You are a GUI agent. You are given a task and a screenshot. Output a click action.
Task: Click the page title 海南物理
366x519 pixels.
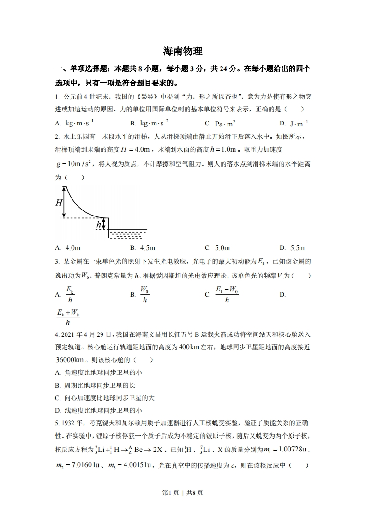coord(183,50)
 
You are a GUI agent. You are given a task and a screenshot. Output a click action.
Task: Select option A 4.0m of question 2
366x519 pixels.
coord(67,248)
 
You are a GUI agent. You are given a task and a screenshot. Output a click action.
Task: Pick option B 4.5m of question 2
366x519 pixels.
coord(143,248)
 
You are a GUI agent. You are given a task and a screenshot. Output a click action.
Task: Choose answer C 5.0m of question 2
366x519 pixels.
coord(217,248)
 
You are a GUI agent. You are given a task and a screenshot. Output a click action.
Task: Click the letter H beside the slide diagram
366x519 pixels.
coord(59,203)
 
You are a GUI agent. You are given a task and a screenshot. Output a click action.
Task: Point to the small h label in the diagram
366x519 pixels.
coord(98,224)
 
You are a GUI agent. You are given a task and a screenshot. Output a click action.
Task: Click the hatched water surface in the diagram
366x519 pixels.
coord(127,234)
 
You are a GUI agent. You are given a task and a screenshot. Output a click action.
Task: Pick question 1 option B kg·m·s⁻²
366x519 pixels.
coord(149,123)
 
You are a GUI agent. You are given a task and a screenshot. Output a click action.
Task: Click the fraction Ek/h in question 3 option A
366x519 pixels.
coord(70,294)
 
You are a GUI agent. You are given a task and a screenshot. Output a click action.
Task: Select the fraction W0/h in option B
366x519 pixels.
coord(144,294)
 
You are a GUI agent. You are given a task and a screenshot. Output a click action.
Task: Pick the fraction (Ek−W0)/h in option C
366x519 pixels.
coord(227,294)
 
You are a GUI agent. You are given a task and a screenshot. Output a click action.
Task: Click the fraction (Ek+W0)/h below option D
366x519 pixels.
coord(68,318)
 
